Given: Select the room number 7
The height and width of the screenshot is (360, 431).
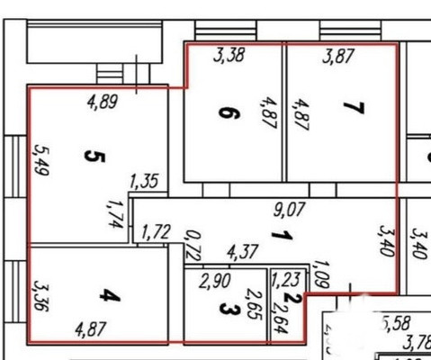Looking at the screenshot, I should (353, 110).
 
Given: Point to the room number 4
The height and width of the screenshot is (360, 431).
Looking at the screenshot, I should (106, 295).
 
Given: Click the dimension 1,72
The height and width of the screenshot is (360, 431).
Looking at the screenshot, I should (156, 234).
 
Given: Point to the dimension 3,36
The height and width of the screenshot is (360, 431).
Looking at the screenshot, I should (40, 295).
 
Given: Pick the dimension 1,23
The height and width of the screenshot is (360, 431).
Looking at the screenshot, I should (285, 279).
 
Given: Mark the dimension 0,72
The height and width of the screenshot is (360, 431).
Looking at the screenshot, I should (190, 245).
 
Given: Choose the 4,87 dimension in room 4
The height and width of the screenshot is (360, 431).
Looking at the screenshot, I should (91, 328).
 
